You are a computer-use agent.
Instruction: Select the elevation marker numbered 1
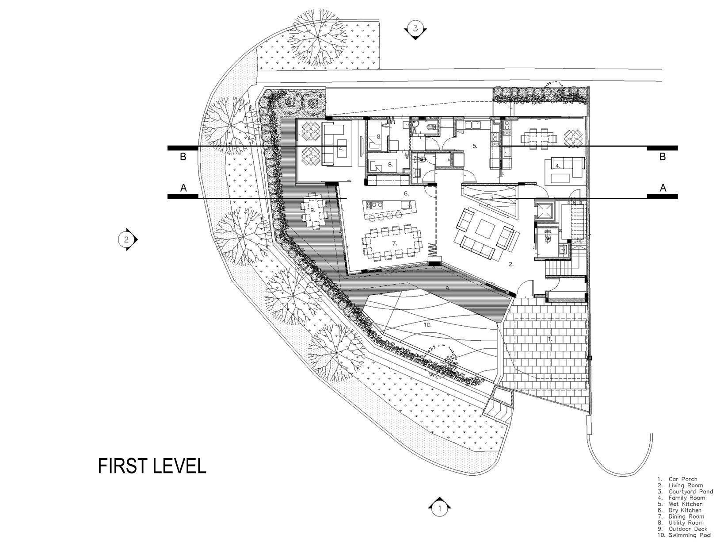(440, 508)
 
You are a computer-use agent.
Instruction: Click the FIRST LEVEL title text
(152, 466)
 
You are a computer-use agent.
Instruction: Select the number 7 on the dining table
(394, 243)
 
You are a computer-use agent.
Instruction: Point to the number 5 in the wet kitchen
(475, 146)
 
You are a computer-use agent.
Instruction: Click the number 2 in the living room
(511, 264)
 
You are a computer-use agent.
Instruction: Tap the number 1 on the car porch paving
(550, 339)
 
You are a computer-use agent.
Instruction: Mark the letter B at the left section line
(183, 157)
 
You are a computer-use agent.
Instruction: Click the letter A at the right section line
(663, 188)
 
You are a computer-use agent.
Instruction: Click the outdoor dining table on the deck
(313, 210)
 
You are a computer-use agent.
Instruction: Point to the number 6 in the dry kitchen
(406, 193)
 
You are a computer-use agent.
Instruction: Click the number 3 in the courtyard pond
(492, 197)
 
